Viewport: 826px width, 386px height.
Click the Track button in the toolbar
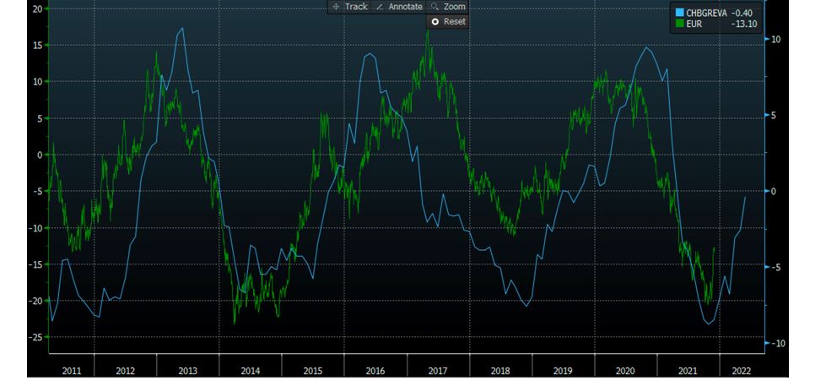(350, 7)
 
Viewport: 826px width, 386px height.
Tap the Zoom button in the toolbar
(448, 7)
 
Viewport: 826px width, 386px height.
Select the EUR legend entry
(694, 24)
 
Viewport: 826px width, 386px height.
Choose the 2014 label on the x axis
(250, 370)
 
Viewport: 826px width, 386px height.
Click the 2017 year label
(437, 370)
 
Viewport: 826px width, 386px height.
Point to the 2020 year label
(624, 370)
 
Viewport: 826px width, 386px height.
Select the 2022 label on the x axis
(741, 370)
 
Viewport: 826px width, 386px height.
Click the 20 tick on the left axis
(38, 8)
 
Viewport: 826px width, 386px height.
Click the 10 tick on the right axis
(775, 39)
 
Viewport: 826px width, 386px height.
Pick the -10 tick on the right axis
(777, 343)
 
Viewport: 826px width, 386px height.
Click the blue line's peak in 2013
(182, 29)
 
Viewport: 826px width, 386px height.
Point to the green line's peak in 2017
(428, 30)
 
